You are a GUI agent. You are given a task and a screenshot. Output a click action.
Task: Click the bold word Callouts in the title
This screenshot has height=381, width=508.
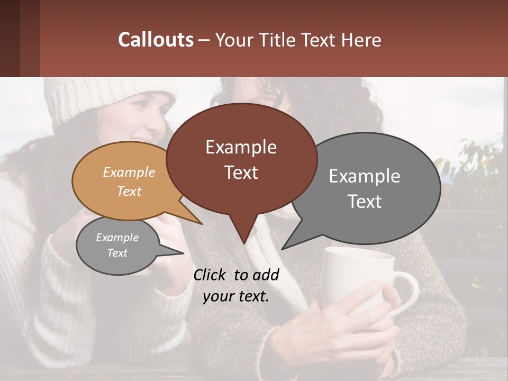pyautogui.click(x=156, y=40)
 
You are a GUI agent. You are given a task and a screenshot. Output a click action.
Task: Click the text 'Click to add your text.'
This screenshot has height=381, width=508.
pyautogui.click(x=236, y=286)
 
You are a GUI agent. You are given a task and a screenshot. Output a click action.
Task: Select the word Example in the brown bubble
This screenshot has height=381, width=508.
pyautogui.click(x=241, y=147)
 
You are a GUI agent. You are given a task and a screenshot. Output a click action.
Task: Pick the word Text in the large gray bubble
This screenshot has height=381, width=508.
pyautogui.click(x=365, y=202)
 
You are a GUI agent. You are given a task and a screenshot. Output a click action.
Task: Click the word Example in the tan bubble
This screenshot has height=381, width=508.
pyautogui.click(x=129, y=173)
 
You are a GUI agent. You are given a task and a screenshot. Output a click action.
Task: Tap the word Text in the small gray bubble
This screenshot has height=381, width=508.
pyautogui.click(x=117, y=253)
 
